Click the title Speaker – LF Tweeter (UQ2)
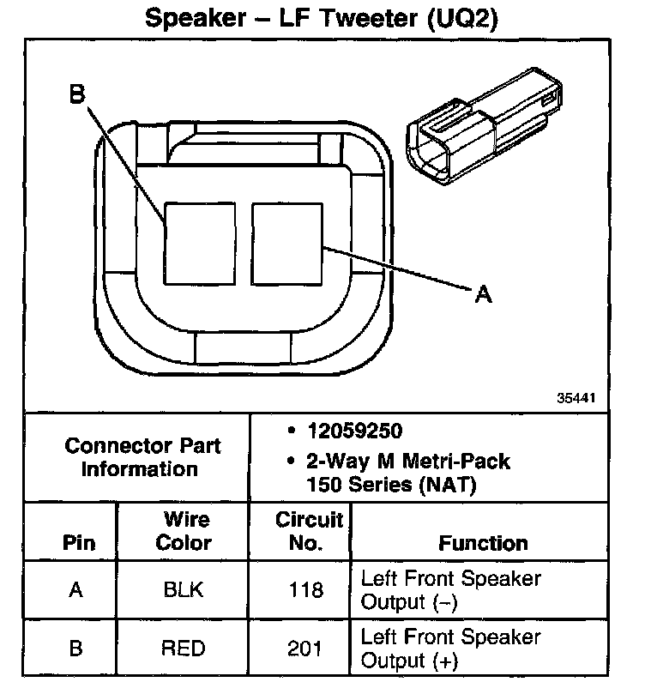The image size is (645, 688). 322,18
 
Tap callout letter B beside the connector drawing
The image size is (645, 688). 77,95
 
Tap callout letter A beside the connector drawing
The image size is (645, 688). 483,294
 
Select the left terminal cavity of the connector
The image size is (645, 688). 199,244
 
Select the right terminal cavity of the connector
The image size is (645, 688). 286,244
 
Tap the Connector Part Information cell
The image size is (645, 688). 143,457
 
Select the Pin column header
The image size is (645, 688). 79,543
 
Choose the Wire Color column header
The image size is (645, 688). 185,531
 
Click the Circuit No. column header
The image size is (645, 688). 309,531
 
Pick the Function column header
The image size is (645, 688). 483,543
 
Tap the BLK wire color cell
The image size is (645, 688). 184,590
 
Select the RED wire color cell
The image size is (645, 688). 184,649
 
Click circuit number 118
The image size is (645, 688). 307,590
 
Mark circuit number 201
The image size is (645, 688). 307,649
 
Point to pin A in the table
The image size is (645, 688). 75,590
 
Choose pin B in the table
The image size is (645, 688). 75,649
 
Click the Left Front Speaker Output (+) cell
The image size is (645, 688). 451,649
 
